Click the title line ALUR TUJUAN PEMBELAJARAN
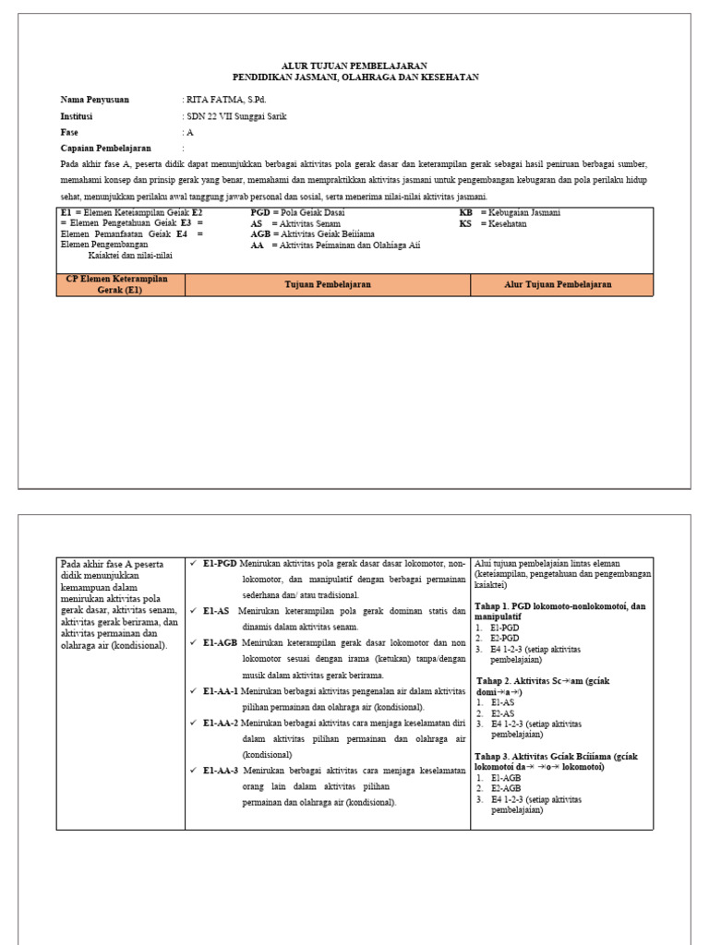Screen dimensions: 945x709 354,66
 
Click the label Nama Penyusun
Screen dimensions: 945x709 95,99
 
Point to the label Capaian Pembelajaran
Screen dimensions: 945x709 105,148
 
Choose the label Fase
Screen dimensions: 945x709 70,132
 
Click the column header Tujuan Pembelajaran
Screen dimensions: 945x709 327,285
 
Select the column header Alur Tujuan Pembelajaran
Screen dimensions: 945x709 558,285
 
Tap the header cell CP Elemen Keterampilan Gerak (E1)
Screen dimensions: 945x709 119,284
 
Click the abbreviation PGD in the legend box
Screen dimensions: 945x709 262,212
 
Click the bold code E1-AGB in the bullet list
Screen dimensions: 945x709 222,642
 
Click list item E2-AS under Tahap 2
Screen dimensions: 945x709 504,713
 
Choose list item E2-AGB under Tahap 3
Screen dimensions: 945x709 507,788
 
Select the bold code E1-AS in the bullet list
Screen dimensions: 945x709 217,610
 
